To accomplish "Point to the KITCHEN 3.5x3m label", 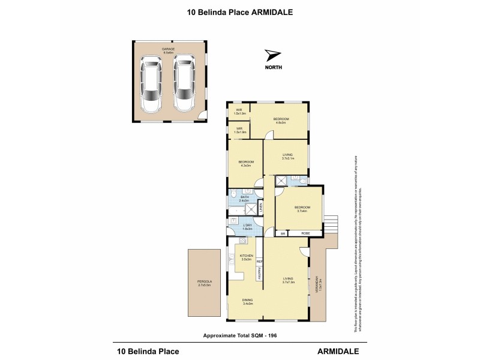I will (x=247, y=257).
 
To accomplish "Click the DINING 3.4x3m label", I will (x=248, y=301).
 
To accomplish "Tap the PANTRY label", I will (x=259, y=274).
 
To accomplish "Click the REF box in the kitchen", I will (x=259, y=262).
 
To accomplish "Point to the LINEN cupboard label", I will (x=261, y=208).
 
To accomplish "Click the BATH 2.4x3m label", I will (x=245, y=198).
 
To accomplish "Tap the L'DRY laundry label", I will (x=247, y=226).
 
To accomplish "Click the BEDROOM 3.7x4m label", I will (x=301, y=209).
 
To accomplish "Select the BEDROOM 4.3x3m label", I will (x=246, y=163).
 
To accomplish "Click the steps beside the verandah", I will (x=332, y=224).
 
